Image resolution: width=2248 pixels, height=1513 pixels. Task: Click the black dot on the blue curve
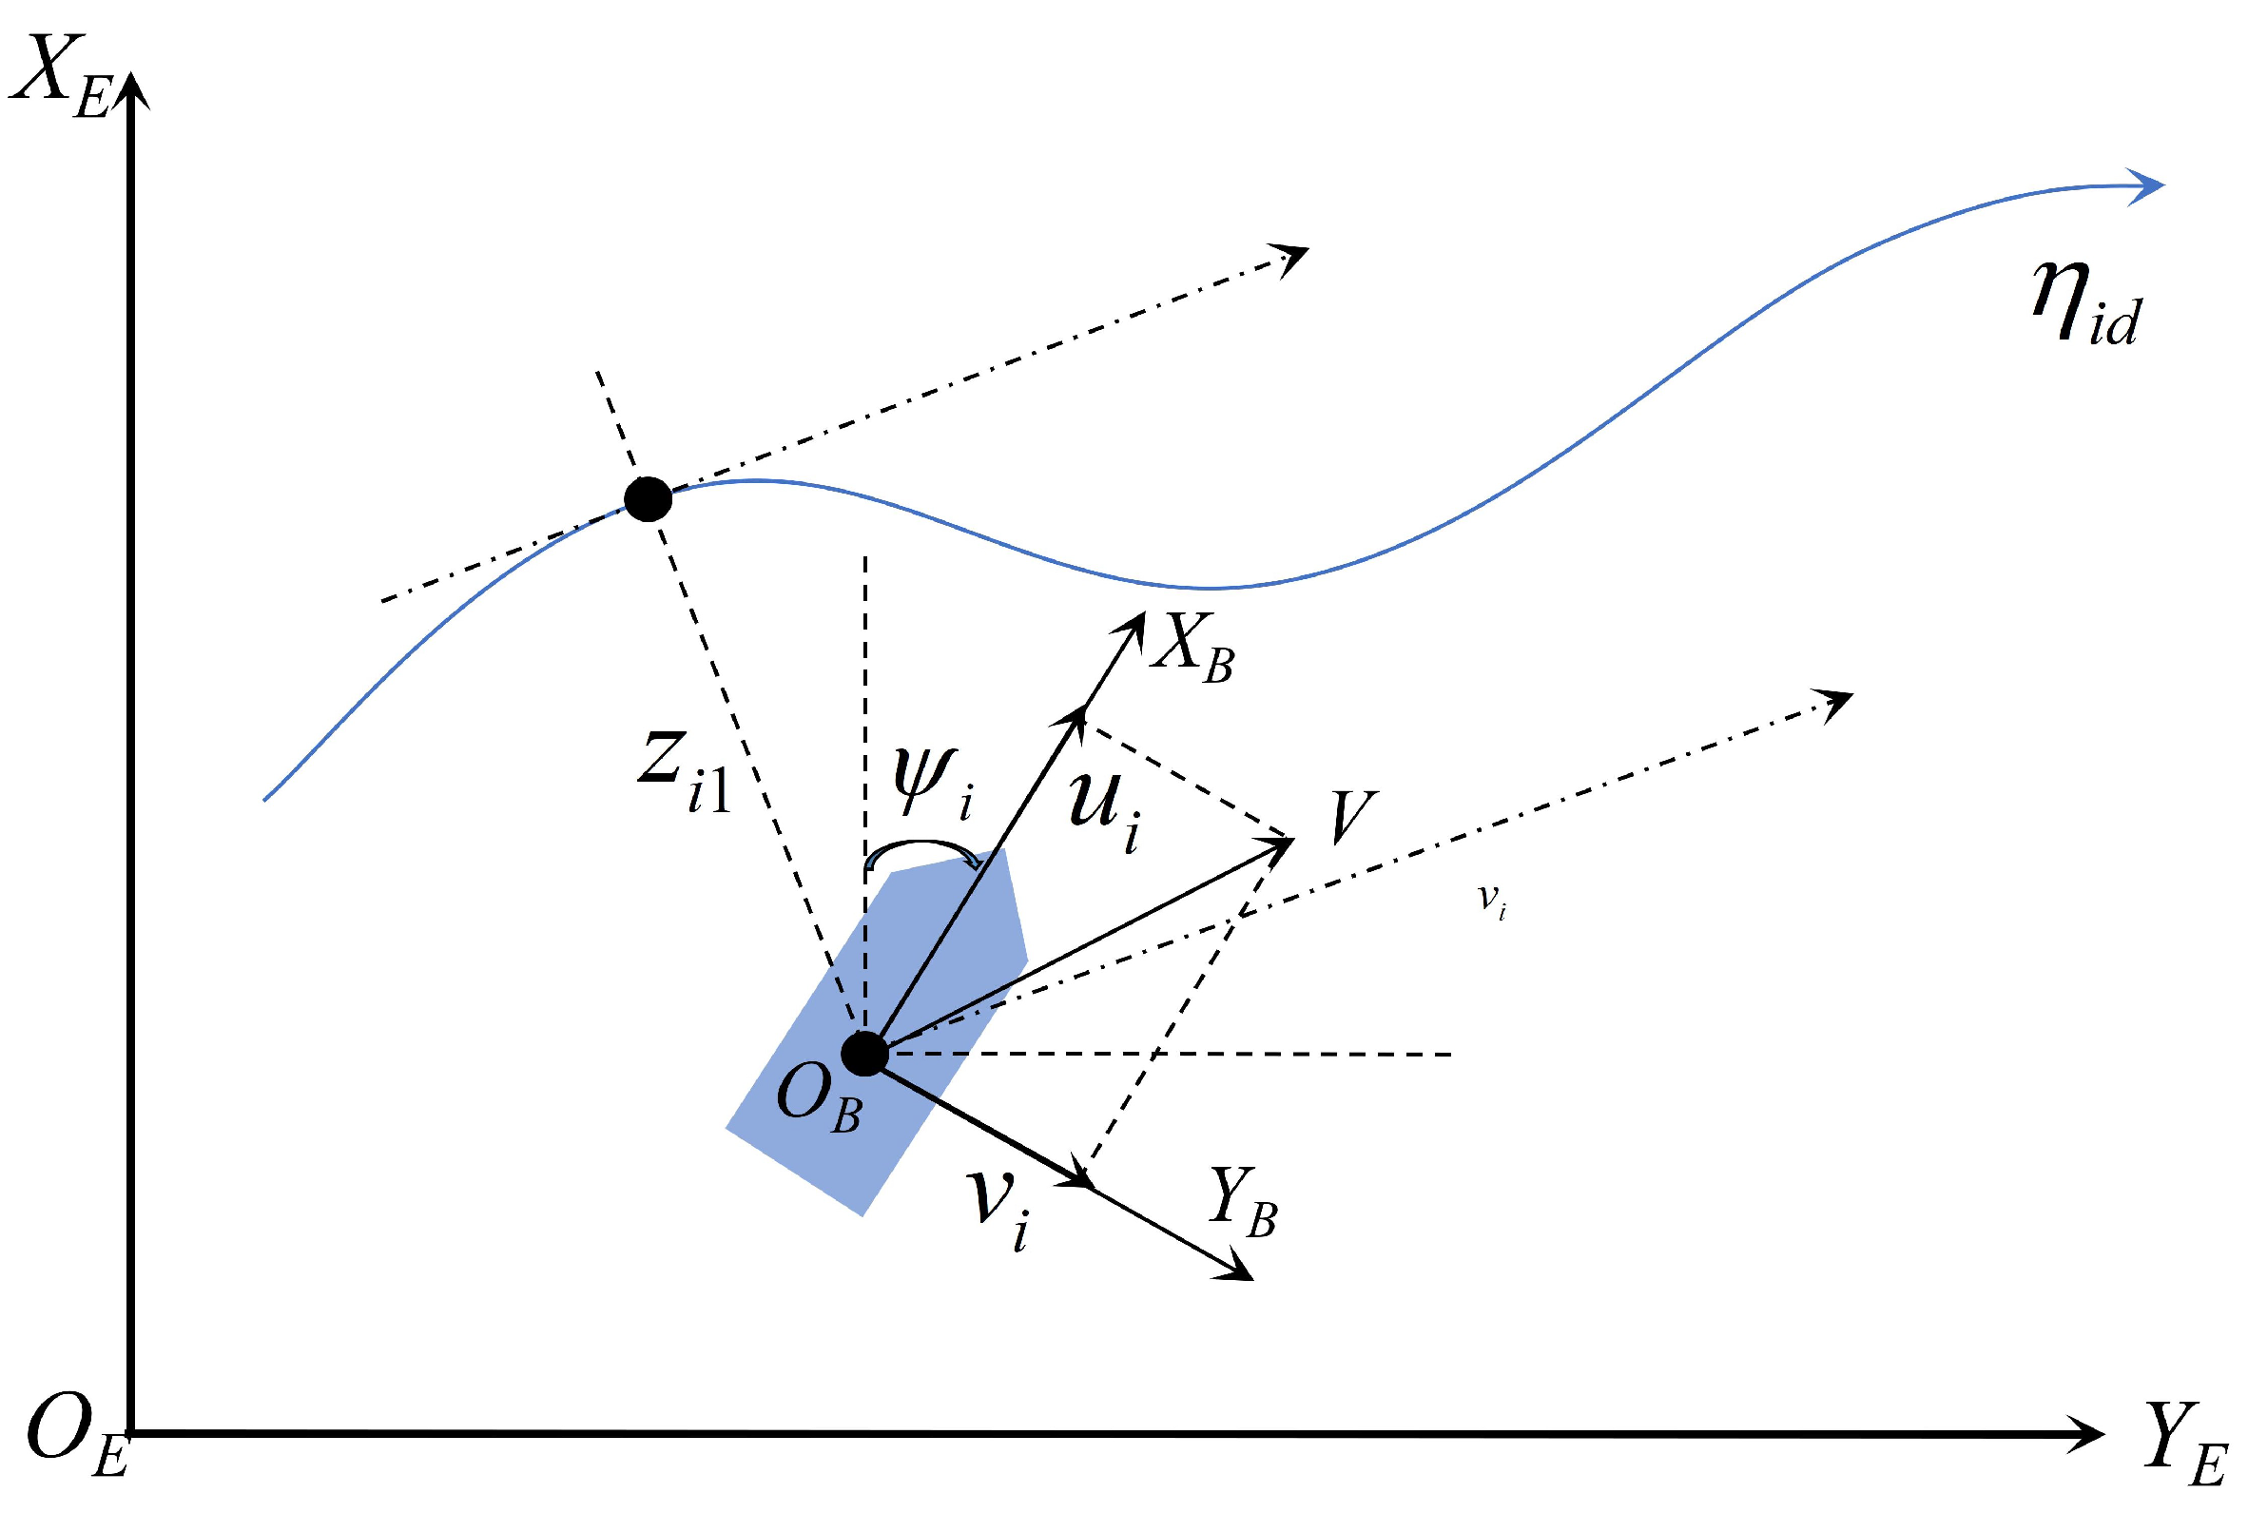649,499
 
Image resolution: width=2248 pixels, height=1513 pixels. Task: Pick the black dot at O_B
864,1054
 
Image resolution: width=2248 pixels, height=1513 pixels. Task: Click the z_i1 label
682,771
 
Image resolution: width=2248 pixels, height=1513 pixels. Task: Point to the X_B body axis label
1192,650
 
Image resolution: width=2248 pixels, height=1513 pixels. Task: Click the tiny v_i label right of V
1492,902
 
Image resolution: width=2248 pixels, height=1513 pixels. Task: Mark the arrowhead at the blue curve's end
2150,186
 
